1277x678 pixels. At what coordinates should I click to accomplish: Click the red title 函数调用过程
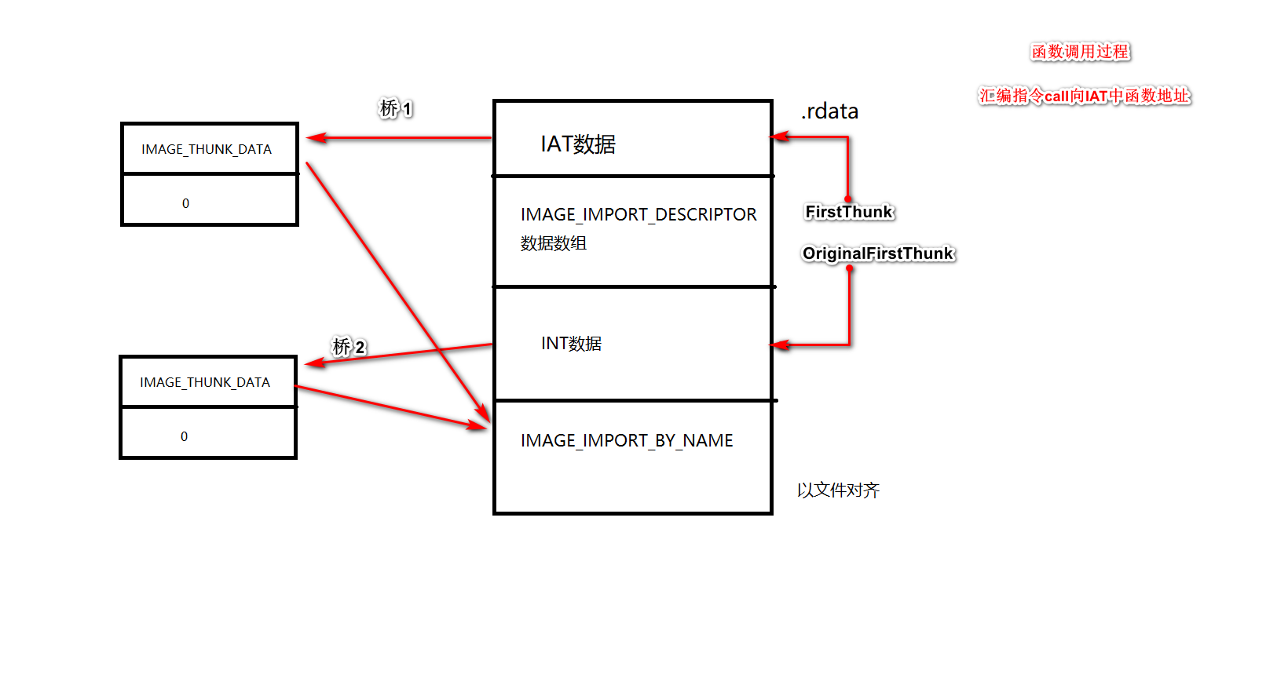[1080, 52]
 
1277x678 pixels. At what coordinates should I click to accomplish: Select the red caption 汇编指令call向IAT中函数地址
[1084, 96]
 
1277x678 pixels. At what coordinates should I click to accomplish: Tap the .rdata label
[829, 111]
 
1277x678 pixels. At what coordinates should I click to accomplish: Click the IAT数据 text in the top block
[578, 144]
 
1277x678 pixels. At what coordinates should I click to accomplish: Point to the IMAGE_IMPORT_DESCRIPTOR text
[638, 214]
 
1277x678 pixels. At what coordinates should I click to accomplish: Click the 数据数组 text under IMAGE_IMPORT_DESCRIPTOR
[554, 243]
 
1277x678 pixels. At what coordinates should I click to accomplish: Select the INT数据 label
[571, 344]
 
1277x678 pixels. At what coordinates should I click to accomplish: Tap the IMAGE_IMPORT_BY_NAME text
[627, 441]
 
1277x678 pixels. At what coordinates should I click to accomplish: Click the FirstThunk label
[849, 212]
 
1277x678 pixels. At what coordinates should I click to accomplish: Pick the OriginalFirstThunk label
[877, 253]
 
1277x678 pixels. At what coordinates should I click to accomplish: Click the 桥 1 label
[396, 108]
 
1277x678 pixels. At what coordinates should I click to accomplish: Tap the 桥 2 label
[349, 347]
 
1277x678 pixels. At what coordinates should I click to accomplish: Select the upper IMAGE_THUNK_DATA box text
[207, 149]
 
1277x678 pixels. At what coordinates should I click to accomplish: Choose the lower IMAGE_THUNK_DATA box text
[205, 382]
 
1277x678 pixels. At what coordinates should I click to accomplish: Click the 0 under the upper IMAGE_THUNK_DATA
[185, 203]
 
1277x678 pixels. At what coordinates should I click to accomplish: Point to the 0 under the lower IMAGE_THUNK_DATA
[184, 436]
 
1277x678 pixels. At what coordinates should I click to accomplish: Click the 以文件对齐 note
[838, 490]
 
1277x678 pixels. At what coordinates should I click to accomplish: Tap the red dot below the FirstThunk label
[848, 199]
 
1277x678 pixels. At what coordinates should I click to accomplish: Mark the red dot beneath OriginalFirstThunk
[849, 268]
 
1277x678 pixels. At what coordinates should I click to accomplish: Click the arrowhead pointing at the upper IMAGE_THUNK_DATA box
[316, 138]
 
